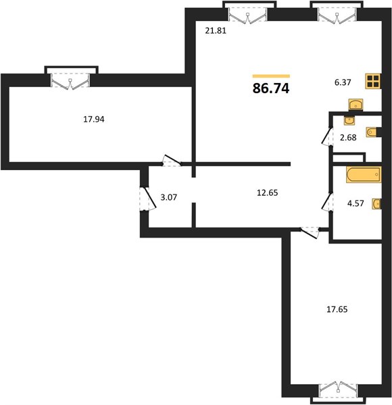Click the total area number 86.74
pyautogui.click(x=271, y=88)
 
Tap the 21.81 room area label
pyautogui.click(x=216, y=31)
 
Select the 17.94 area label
pyautogui.click(x=93, y=119)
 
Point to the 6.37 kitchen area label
pyautogui.click(x=343, y=82)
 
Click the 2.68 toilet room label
pyautogui.click(x=348, y=138)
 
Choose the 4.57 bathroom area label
pyautogui.click(x=356, y=203)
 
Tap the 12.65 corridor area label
pyautogui.click(x=268, y=192)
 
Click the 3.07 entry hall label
pyautogui.click(x=168, y=197)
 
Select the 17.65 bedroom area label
pyautogui.click(x=337, y=309)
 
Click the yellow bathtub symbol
pyautogui.click(x=364, y=175)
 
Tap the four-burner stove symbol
pyautogui.click(x=373, y=81)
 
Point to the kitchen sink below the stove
pyautogui.click(x=356, y=105)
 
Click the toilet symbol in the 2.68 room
pyautogui.click(x=372, y=132)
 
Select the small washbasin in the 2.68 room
pyautogui.click(x=349, y=120)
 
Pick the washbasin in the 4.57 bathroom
pyautogui.click(x=376, y=204)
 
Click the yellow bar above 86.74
pyautogui.click(x=271, y=76)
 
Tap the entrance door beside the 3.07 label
pyautogui.click(x=148, y=198)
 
